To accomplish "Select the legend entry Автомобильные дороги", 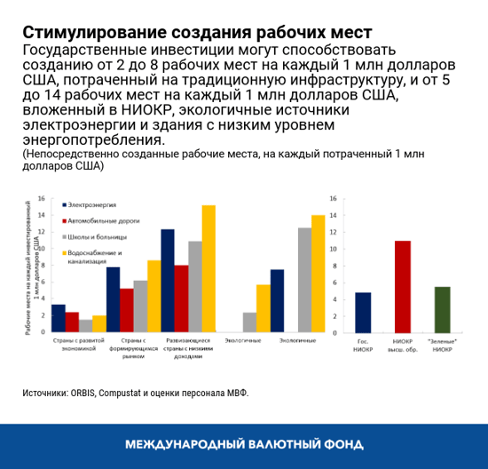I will point(95,220).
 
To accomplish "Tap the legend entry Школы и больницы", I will point(91,237).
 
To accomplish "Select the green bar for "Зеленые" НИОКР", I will point(443,308).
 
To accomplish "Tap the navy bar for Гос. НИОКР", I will point(362,311).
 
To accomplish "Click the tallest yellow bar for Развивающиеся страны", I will point(209,268).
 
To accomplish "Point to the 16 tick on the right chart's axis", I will point(333,200).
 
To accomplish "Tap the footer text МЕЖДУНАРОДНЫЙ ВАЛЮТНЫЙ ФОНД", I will point(244,444).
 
